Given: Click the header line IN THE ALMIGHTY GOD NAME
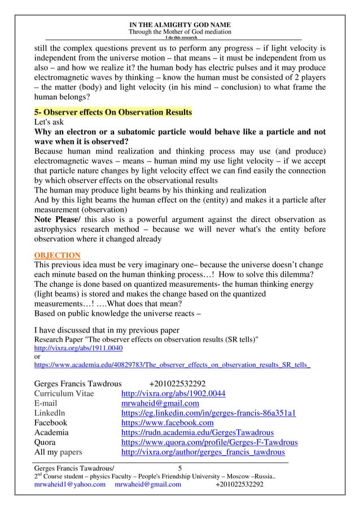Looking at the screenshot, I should (x=180, y=24).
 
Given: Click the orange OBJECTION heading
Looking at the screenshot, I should (x=58, y=255).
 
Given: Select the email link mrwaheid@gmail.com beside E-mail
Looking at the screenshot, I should (x=160, y=403).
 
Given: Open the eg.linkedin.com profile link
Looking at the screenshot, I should (x=209, y=413).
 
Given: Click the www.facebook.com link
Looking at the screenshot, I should (x=168, y=422).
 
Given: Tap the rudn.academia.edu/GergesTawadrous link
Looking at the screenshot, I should (x=198, y=432).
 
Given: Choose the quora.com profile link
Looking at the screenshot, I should (x=209, y=442).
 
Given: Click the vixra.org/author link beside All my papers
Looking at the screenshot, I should (x=203, y=451).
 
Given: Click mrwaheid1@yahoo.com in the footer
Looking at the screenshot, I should (x=70, y=484).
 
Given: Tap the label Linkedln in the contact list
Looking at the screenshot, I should (x=50, y=413).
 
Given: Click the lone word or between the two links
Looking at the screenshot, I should (x=38, y=357).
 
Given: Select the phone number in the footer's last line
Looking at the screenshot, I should (x=240, y=484).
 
